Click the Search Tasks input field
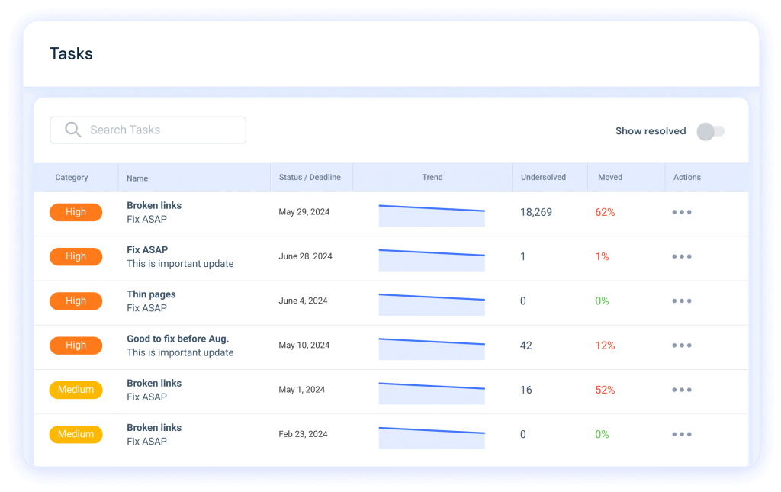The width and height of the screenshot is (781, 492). coord(160,130)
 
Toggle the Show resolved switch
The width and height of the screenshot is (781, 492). coord(710,131)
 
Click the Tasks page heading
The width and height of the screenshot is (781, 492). coord(71,54)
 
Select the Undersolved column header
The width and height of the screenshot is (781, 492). coord(543,178)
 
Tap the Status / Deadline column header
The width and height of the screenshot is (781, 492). coord(310,178)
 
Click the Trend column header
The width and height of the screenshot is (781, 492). coord(432,178)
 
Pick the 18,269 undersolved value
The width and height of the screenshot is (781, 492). coord(535,213)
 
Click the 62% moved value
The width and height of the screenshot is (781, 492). coord(605,213)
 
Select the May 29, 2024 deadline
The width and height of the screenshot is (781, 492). coord(304,212)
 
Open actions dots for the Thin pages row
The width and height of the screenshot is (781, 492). coord(681,301)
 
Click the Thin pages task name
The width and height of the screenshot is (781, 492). coord(151,294)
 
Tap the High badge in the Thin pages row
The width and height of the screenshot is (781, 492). coord(76,301)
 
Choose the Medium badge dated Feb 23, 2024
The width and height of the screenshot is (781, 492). coord(76,434)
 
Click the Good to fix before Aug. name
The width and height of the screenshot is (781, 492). coord(178,339)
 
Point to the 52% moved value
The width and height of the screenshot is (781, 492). coord(605,390)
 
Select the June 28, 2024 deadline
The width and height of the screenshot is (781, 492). coord(305,257)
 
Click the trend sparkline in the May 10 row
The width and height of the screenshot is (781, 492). coord(432,349)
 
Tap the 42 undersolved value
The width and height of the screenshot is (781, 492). coord(525,346)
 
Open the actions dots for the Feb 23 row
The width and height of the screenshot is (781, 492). coord(681,434)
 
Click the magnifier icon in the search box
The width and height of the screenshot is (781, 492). coord(72,130)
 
